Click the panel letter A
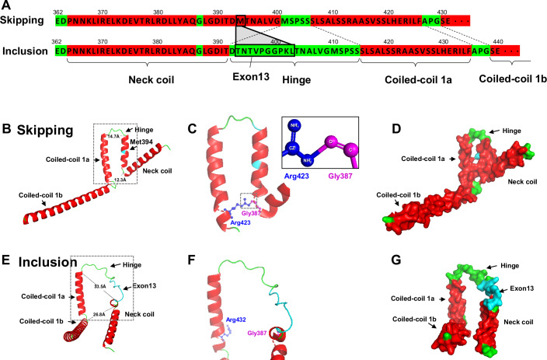[x=6, y=6]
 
